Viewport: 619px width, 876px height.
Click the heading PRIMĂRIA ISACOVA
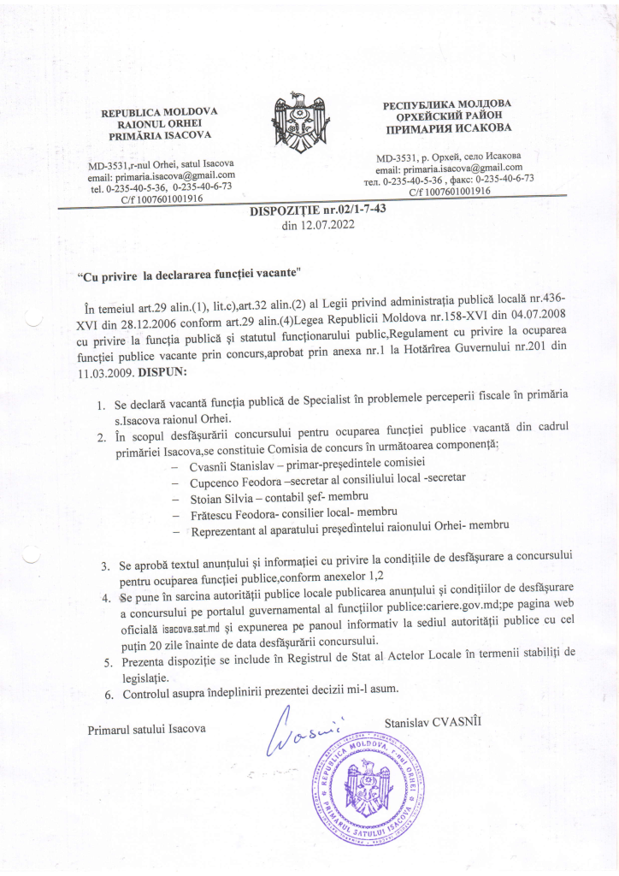159,136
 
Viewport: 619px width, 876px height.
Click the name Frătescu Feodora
241,515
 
